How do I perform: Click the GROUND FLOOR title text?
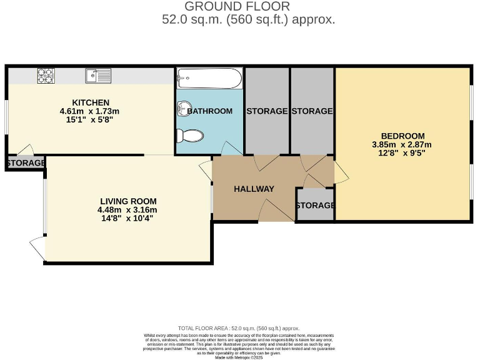tap(237, 7)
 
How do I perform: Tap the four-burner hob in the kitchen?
tap(46, 76)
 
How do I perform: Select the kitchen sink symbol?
tap(98, 76)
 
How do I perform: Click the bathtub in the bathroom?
tap(208, 79)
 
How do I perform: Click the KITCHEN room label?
tap(91, 102)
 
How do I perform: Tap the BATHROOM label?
tap(210, 111)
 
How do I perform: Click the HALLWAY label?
tap(254, 189)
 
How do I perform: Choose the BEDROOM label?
tap(402, 136)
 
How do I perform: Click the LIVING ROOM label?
tap(128, 201)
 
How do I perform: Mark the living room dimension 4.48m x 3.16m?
tap(128, 209)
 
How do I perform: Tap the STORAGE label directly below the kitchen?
tap(26, 163)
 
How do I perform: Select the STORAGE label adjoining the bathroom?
tap(267, 111)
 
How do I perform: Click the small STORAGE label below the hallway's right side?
tap(315, 206)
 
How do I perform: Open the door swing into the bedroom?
tap(341, 172)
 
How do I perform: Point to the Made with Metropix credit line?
tap(240, 357)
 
